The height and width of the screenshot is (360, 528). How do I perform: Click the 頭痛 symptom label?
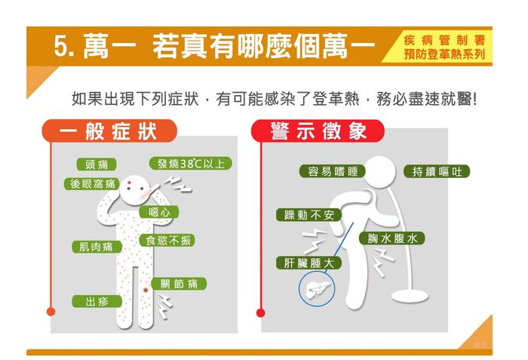coord(97,165)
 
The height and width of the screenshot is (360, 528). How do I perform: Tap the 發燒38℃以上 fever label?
coord(191,164)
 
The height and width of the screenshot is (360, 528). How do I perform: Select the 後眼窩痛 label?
coord(92,184)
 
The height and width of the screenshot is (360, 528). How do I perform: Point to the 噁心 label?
coord(159,212)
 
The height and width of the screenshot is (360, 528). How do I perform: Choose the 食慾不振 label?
coord(167,240)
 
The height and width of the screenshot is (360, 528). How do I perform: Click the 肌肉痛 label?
coord(97,247)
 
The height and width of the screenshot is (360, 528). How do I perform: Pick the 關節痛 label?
coord(179,284)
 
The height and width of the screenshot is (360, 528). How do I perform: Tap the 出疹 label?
coord(97,301)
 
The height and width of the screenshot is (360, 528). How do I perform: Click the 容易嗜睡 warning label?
coord(333,171)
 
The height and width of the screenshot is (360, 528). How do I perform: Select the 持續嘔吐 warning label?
coord(437,171)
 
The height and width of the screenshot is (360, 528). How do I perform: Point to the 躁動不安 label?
coord(309,215)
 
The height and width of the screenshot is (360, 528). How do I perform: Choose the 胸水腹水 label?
coord(392,238)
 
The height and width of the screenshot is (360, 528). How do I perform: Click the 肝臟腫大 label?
coord(309,263)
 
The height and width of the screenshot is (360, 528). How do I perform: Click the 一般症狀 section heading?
coord(109,131)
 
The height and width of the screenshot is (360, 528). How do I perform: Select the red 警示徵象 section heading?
coord(318,131)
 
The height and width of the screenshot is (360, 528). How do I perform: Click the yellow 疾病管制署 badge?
coord(437,47)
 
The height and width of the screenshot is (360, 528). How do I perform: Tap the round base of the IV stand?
coord(410,297)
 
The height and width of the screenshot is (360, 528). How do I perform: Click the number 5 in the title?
coord(60,46)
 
